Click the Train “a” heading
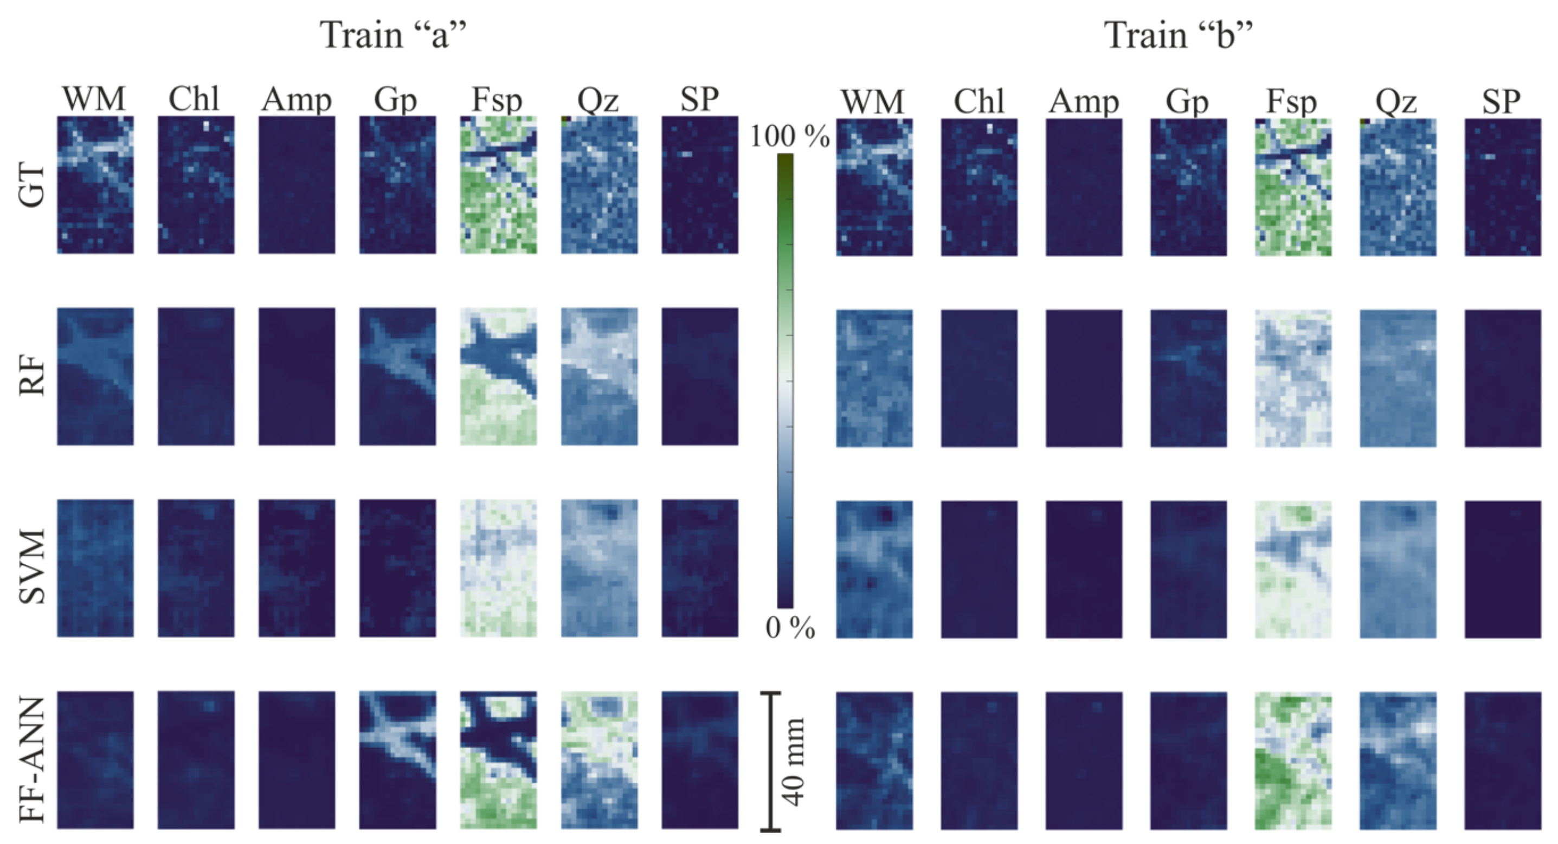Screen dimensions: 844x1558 pos(393,35)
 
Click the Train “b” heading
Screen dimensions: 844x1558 pos(1178,35)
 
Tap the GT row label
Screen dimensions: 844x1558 pos(31,185)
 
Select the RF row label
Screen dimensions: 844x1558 pos(31,376)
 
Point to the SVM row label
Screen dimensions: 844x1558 pos(31,567)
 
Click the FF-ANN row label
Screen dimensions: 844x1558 pos(31,759)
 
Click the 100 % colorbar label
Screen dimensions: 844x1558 pos(789,137)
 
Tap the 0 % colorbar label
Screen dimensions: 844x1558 pos(789,629)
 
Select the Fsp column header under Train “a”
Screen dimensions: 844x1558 pos(497,100)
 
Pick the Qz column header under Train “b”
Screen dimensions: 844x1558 pos(1396,102)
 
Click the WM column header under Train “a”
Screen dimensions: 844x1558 pos(94,99)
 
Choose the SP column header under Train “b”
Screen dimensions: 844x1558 pos(1501,102)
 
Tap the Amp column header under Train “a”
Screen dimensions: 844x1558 pos(297,100)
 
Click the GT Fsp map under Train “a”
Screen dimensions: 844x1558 pos(498,185)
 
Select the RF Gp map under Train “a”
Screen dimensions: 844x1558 pos(397,376)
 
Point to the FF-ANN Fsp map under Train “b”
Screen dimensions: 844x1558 pos(1293,761)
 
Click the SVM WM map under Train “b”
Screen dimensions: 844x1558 pos(874,569)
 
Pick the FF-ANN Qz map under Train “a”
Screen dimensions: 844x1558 pos(599,759)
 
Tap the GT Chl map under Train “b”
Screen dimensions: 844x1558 pos(978,187)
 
